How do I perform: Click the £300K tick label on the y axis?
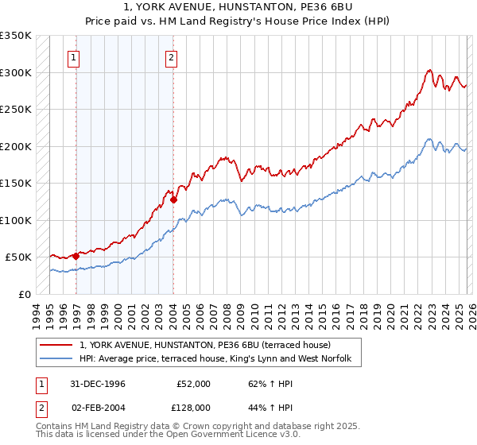16,72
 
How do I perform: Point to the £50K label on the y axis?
18,257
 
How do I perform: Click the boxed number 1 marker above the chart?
74,56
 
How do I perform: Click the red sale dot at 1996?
76,256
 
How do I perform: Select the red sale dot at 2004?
173,199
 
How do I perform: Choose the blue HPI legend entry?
220,359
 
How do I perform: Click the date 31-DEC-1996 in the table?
97,384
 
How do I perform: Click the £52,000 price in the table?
193,384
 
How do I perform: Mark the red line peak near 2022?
429,70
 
